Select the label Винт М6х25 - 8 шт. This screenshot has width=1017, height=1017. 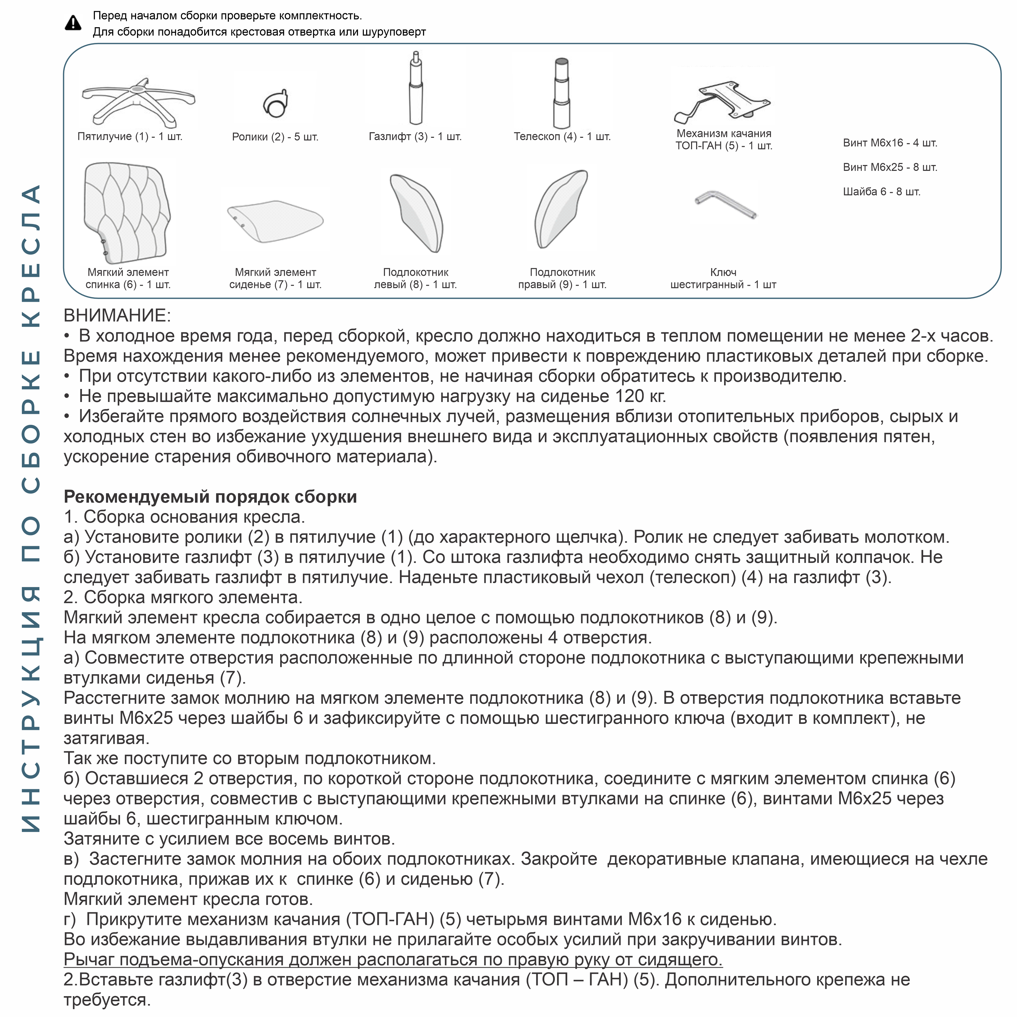tap(890, 167)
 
